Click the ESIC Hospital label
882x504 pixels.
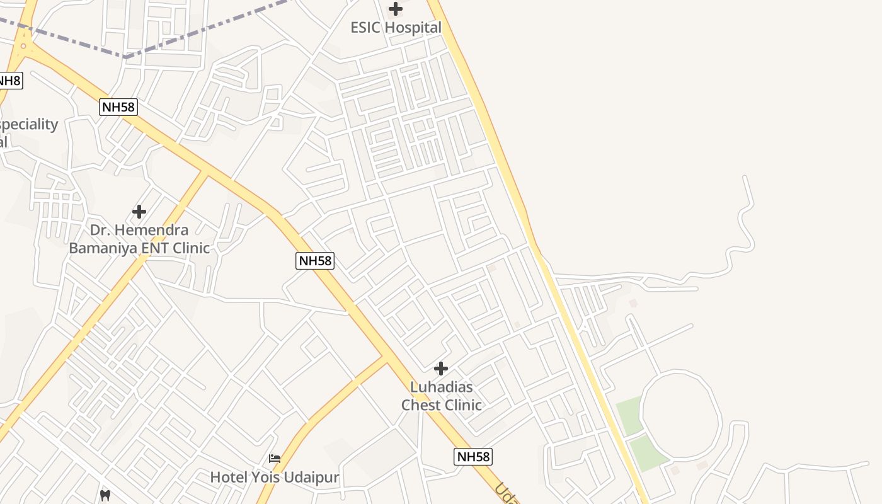pos(396,28)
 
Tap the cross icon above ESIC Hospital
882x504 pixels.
pos(396,9)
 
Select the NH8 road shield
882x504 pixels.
pos(9,81)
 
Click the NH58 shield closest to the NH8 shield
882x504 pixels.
pos(118,107)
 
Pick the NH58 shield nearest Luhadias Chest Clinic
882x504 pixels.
pos(472,457)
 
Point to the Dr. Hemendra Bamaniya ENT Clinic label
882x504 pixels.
pos(139,239)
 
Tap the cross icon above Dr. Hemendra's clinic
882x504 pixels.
pos(139,212)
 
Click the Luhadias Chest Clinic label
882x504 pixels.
pos(441,396)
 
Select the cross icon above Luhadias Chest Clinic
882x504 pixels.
pos(441,369)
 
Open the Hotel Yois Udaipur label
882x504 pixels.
pos(275,477)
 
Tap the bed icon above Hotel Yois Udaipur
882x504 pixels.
pos(275,458)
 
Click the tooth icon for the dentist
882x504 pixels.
pos(105,495)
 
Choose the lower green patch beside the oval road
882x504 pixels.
pos(648,452)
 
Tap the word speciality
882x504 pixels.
pos(29,125)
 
